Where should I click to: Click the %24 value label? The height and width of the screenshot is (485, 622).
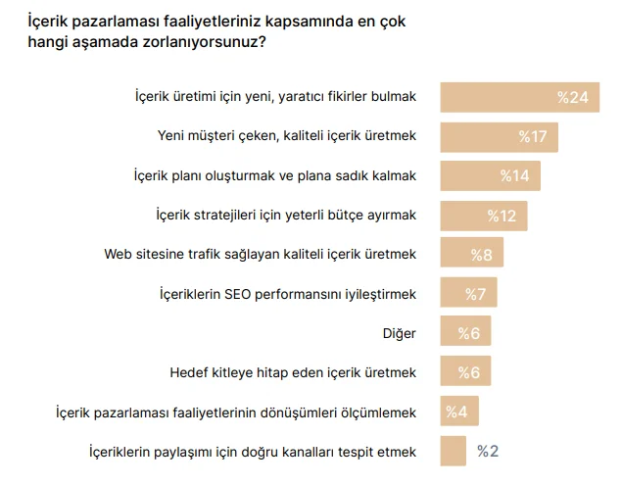[x=572, y=97]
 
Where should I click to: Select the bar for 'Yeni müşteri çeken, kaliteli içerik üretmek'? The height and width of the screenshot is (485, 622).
[x=499, y=136]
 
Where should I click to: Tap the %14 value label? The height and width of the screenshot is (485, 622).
[x=514, y=175]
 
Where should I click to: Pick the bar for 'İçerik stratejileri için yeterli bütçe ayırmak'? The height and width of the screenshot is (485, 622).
[x=484, y=215]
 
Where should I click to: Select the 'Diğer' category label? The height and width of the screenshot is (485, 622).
[x=400, y=333]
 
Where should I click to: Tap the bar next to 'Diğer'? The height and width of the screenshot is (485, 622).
[x=465, y=333]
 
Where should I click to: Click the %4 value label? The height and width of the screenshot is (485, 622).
[x=456, y=412]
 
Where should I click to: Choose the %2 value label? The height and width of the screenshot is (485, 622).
[x=488, y=451]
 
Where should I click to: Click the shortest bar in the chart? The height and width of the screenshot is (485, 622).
[x=453, y=451]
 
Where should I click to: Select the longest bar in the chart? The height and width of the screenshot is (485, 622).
[x=519, y=97]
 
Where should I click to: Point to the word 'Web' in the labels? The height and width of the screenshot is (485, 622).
[x=120, y=254]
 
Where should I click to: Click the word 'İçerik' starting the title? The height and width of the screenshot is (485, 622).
[x=49, y=20]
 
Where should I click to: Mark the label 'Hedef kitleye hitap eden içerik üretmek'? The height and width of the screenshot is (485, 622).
[x=293, y=372]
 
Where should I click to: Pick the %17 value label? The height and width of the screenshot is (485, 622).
[x=532, y=136]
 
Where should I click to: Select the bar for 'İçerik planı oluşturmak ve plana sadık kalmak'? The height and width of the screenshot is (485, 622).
[x=490, y=175]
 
